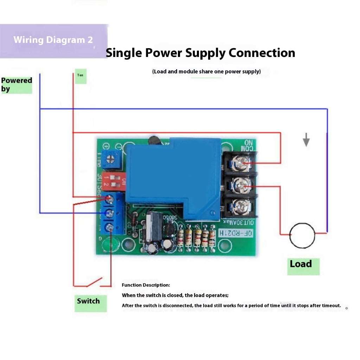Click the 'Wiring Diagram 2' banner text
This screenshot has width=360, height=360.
click(x=53, y=40)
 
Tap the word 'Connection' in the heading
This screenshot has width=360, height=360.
click(x=262, y=53)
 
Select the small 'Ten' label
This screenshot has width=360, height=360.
click(x=80, y=75)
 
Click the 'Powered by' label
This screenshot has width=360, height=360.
click(x=16, y=84)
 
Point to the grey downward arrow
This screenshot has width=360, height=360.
click(x=306, y=140)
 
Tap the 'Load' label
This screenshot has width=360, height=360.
click(x=301, y=264)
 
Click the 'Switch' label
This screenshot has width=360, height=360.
click(x=88, y=301)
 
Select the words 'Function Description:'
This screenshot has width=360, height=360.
click(x=146, y=285)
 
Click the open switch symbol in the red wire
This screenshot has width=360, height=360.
click(x=94, y=282)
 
